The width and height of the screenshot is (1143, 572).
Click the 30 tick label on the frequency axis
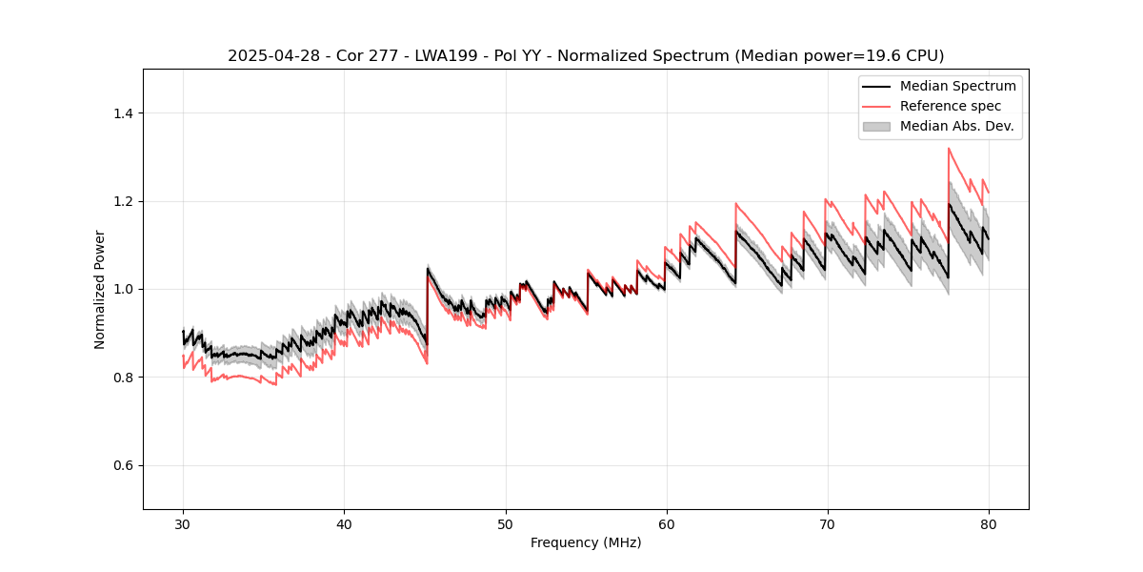pos(183,524)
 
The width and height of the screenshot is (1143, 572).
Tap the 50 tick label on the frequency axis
pos(505,524)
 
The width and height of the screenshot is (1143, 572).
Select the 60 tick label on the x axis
pos(666,524)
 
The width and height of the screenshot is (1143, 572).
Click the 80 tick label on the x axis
pos(989,524)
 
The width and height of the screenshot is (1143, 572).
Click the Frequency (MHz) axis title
pos(586,542)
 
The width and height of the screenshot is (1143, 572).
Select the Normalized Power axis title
pos(100,289)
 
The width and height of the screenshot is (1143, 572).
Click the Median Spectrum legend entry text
pos(957,86)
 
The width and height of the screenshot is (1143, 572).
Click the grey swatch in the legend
pos(876,126)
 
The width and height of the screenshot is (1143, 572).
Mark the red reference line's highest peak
pos(949,148)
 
